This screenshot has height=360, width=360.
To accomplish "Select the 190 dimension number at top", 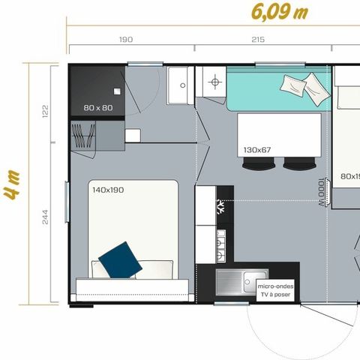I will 127,40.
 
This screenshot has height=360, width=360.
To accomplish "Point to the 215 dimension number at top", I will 258,40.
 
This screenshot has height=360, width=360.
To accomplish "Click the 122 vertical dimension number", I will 44,112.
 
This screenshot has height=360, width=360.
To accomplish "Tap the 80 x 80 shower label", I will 98,108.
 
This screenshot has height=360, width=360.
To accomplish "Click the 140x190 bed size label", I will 109,190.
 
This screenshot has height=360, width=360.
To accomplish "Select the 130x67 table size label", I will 258,150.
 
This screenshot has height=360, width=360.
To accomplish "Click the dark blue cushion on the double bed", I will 121,259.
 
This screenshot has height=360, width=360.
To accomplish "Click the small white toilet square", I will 133,136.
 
